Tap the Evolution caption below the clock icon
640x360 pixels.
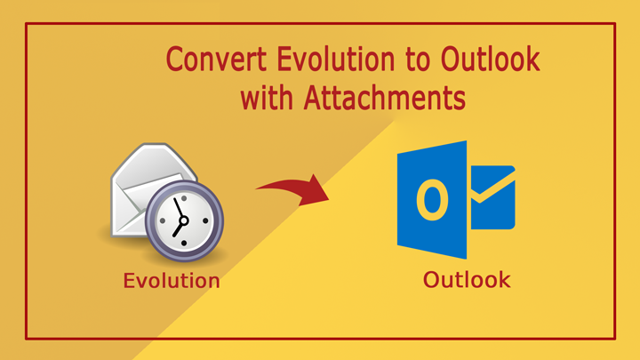coord(172,282)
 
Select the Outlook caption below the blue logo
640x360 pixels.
coord(467,281)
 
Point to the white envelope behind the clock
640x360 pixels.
coord(138,182)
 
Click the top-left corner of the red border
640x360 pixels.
coord(26,24)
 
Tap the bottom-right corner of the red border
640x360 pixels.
coord(615,338)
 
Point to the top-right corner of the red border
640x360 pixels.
coord(615,24)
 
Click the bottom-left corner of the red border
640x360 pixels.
coord(26,338)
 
